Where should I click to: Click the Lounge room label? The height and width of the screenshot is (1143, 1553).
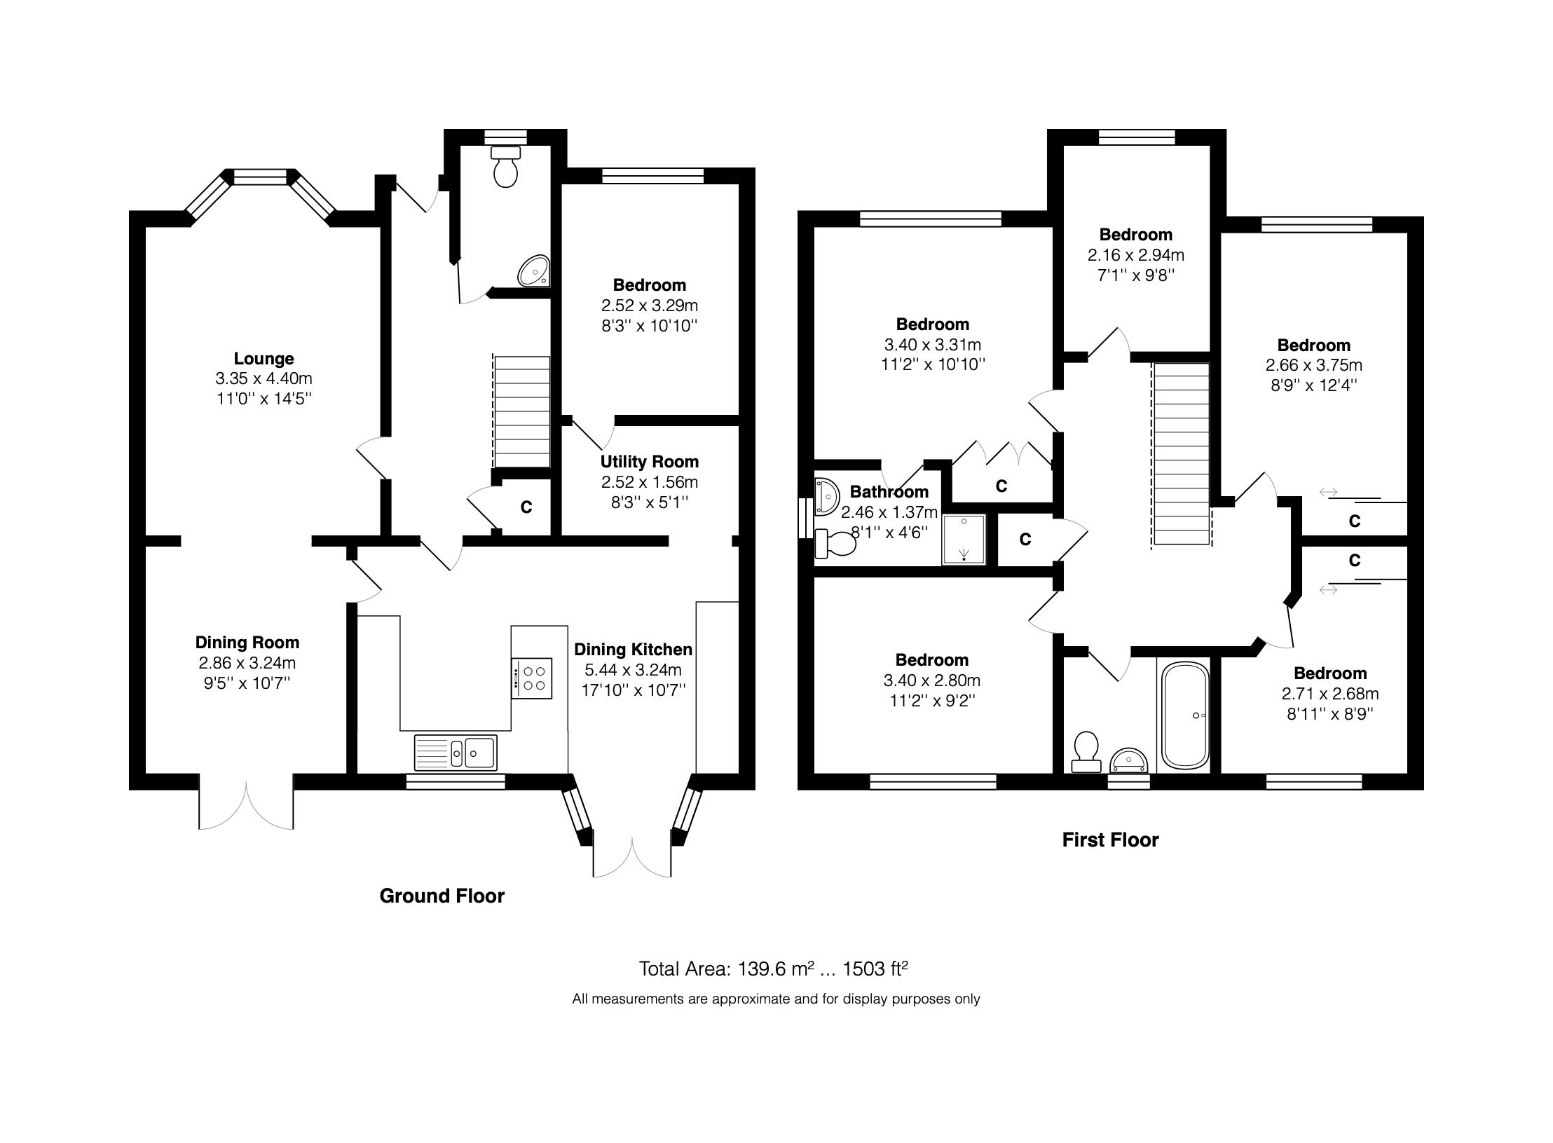(x=264, y=359)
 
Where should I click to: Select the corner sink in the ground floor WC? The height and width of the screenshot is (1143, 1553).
(x=535, y=271)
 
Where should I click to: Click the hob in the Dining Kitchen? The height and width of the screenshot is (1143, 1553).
(x=532, y=678)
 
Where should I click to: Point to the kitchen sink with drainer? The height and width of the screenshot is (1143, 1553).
(x=456, y=752)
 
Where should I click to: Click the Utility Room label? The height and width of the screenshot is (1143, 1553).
(x=649, y=462)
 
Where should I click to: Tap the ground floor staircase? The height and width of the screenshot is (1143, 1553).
(x=521, y=412)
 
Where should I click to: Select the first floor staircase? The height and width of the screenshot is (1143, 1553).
(x=1182, y=453)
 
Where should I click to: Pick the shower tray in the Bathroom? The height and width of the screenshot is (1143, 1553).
(x=964, y=540)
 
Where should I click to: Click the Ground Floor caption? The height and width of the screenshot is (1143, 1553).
(x=442, y=896)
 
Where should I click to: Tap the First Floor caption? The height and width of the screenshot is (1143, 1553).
(x=1110, y=840)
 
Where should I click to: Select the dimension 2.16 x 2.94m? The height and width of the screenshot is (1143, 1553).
(x=1135, y=255)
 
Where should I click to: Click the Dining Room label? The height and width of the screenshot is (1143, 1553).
(x=247, y=643)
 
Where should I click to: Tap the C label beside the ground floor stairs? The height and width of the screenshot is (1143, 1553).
(x=526, y=507)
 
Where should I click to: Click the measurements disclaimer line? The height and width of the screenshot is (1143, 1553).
(x=776, y=999)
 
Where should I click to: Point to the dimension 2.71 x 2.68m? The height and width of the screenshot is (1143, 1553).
(x=1329, y=694)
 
